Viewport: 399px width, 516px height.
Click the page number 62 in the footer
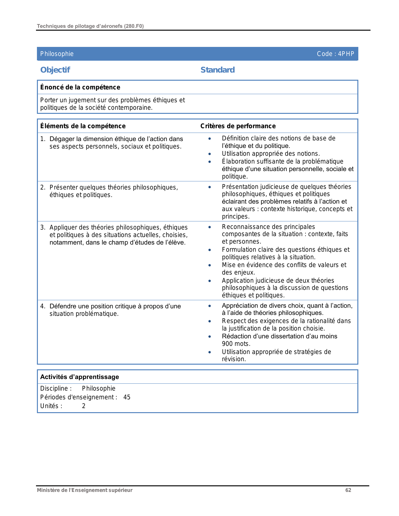pos(348,490)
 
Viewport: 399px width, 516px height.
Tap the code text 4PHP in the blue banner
pos(346,54)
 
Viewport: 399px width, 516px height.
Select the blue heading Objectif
pos(55,70)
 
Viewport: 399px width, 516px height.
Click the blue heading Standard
pos(217,70)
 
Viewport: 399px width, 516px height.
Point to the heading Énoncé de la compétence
pos(80,87)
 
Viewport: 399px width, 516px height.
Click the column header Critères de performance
pos(238,126)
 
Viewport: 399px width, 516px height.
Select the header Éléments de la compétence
pos(83,126)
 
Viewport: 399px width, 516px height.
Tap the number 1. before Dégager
pos(43,139)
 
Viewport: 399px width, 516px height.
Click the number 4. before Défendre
pos(43,306)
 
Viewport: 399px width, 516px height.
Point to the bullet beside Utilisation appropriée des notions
pos(209,154)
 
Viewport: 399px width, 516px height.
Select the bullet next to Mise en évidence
pos(209,265)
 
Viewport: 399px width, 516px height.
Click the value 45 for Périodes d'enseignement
pos(127,397)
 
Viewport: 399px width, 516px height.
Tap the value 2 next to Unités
pos(84,406)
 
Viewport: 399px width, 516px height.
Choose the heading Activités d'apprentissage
pos(79,377)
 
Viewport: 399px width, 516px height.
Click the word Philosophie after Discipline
pos(99,388)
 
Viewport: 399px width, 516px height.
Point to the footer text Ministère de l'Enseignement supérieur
pos(84,490)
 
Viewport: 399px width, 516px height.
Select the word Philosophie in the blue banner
pos(57,54)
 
